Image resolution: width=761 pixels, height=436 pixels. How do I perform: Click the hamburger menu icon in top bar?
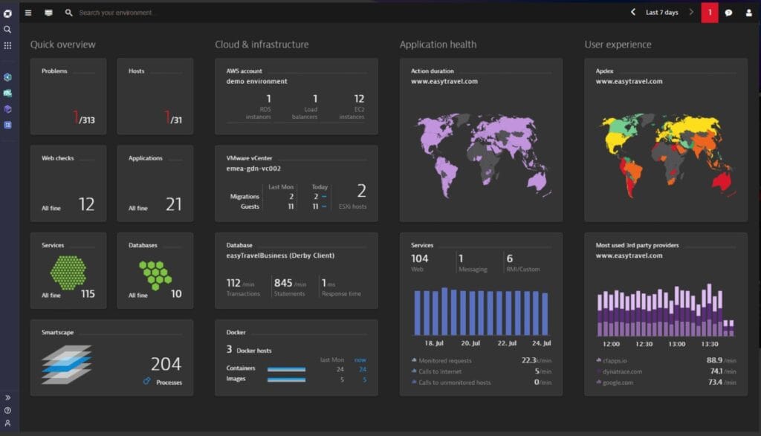[28, 13]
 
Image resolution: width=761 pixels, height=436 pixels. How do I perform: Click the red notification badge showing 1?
[710, 13]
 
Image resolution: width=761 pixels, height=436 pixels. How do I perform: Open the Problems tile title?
[54, 71]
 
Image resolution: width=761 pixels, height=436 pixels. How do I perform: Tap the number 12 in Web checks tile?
[86, 204]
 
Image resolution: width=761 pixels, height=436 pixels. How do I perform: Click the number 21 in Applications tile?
[173, 204]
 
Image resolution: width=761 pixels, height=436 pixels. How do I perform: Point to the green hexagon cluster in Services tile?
[68, 272]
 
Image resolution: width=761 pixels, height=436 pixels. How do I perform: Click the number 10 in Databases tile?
[176, 294]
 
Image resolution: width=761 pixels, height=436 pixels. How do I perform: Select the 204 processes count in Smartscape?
[166, 364]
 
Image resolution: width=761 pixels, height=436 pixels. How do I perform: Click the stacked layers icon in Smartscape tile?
[66, 364]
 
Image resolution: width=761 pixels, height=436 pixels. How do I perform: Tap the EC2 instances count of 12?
[359, 99]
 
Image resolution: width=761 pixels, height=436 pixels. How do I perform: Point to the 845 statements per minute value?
[282, 283]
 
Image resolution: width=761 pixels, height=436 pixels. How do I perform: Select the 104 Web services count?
[419, 258]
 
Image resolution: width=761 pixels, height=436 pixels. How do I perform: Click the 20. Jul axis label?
[470, 344]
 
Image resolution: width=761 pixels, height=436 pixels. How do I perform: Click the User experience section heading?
[618, 45]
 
